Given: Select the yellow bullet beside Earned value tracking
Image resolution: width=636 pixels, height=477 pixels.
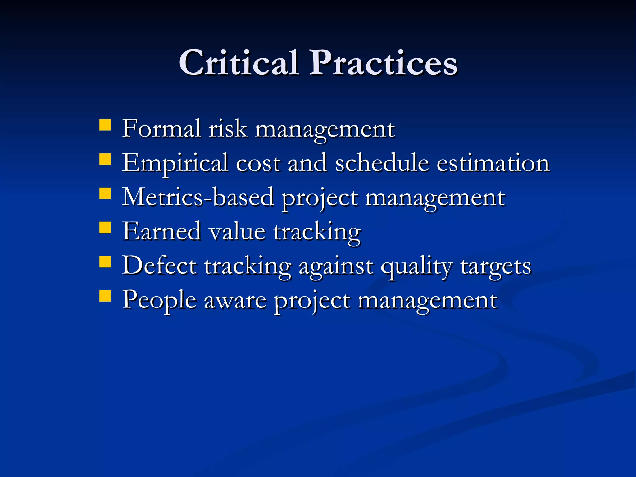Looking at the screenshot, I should pos(105,227).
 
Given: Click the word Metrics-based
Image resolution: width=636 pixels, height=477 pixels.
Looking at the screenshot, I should pos(198,197).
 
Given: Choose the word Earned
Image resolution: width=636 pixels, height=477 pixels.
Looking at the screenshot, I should pos(161,231).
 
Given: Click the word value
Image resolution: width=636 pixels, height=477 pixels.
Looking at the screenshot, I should pos(237,231).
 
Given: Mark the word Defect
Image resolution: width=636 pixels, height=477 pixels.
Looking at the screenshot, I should pos(159,266).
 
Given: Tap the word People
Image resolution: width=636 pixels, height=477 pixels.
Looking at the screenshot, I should pos(159,300).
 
